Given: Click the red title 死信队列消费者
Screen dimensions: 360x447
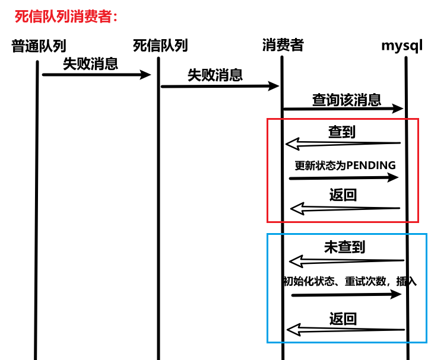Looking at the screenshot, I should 66,16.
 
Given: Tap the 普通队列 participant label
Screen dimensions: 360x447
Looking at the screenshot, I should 39,46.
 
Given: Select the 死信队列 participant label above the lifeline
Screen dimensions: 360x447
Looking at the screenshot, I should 160,46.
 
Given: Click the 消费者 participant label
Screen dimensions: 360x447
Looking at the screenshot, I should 283,45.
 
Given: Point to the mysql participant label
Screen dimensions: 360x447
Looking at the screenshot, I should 402,46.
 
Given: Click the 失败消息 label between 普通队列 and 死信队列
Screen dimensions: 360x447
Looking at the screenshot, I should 91,64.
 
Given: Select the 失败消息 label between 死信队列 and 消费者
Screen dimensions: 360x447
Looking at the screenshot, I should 215,75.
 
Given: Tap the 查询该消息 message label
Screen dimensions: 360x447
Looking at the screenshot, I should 347,100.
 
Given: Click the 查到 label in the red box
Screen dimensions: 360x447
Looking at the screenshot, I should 342,132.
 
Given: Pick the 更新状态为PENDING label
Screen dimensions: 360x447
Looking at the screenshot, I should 345,165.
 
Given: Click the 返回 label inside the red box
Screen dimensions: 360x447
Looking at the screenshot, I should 343,195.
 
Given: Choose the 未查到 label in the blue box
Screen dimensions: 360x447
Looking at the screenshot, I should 344,247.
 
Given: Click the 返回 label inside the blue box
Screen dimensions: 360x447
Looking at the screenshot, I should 343,319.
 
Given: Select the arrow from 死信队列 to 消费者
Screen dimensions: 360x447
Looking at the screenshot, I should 220,86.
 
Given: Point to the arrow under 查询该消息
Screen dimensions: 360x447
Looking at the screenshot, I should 343,109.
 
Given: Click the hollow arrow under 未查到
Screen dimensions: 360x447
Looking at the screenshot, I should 346,261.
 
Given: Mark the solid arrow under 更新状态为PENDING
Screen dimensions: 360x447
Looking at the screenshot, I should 343,178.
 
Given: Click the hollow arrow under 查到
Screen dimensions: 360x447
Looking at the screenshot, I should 343,144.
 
